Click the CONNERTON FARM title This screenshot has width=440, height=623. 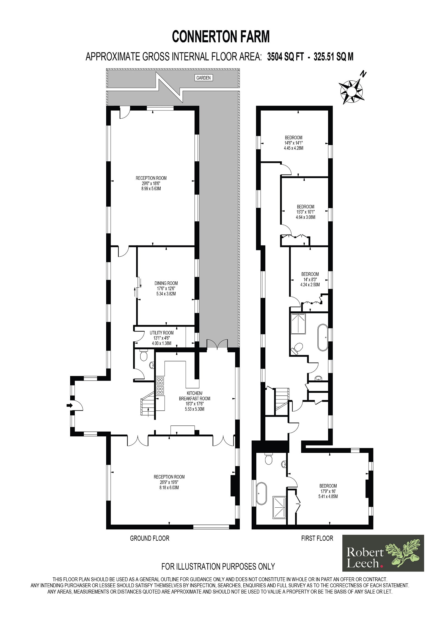click(221, 37)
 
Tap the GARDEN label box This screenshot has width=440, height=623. click(203, 78)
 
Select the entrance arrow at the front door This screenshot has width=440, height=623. click(69, 405)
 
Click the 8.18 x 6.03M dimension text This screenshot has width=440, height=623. click(169, 487)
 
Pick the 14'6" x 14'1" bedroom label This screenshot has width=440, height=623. click(293, 143)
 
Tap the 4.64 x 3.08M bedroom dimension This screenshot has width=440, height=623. click(305, 217)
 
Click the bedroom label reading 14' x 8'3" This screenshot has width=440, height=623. click(310, 279)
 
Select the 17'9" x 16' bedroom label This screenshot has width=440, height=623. click(328, 491)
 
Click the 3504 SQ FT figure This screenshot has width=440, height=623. click(286, 57)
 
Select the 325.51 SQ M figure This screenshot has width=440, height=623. click(333, 57)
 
